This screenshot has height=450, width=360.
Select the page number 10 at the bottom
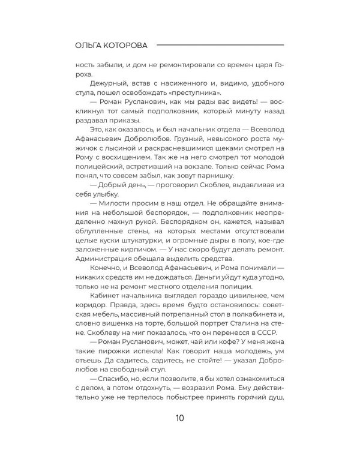(x=179, y=418)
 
